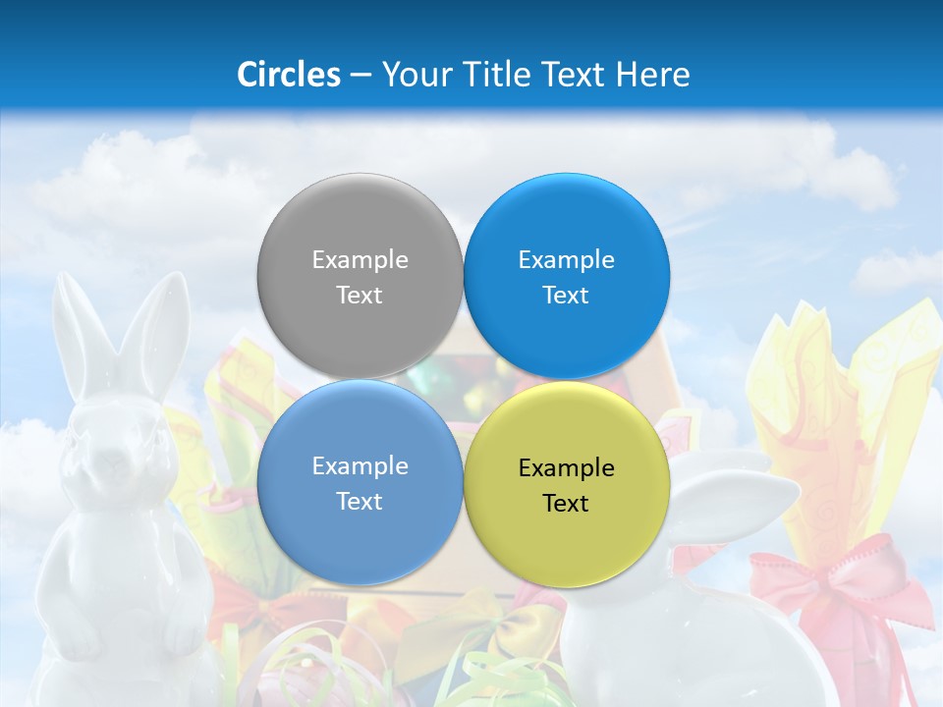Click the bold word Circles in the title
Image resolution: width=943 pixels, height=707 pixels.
point(289,75)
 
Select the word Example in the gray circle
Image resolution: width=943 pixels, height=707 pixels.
point(360,259)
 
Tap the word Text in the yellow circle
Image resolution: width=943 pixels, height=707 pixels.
point(566,503)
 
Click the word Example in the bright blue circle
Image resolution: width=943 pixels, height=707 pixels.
point(566,259)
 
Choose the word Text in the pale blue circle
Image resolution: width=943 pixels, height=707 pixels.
point(360,501)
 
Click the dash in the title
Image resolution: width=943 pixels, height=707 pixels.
point(361,75)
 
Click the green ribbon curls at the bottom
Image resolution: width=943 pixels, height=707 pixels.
point(491,678)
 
